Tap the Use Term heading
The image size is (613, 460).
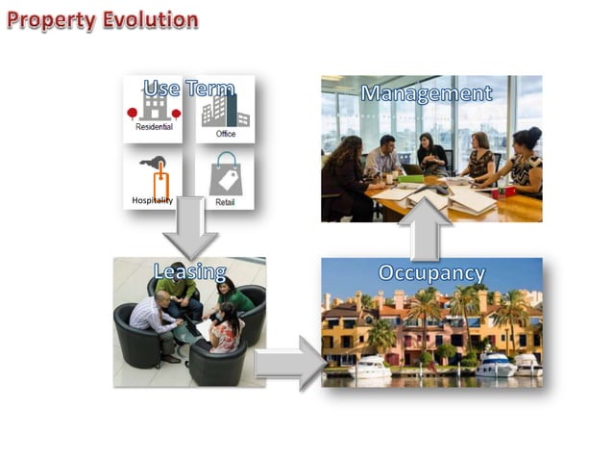tap(188, 89)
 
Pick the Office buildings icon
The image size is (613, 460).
tap(224, 110)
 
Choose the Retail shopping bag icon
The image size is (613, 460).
tap(225, 173)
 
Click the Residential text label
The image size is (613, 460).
tap(154, 126)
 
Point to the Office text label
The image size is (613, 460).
tap(226, 133)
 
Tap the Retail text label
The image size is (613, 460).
tap(225, 203)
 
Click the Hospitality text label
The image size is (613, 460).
tap(153, 200)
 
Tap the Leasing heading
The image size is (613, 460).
tap(189, 272)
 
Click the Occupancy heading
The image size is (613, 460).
tap(431, 273)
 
